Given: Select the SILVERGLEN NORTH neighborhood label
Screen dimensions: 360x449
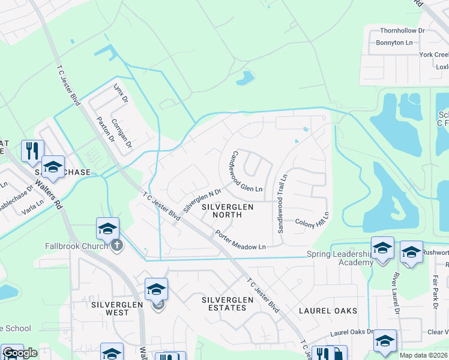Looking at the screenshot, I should click(228, 211).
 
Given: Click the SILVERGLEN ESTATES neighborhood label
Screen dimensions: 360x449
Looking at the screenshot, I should click(224, 304).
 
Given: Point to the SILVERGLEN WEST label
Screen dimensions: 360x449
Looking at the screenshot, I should click(118, 308).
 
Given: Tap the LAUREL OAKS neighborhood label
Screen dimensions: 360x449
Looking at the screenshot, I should click(328, 311).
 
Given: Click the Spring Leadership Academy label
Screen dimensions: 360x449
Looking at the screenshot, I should click(339, 259).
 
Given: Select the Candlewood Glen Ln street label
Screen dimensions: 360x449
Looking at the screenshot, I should click(244, 172).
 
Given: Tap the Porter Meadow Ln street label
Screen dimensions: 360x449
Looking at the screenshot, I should click(240, 241).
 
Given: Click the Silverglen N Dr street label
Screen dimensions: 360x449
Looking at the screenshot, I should click(202, 202).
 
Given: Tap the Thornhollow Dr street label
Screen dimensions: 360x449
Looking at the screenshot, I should click(402, 30).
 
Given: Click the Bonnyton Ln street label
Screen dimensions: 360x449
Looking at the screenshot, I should click(394, 43).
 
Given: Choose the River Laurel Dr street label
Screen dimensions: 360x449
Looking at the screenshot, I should click(396, 294).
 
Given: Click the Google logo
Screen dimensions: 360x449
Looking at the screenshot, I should click(20, 353).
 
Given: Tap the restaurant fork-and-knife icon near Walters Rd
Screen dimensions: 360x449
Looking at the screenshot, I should click(32, 150).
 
